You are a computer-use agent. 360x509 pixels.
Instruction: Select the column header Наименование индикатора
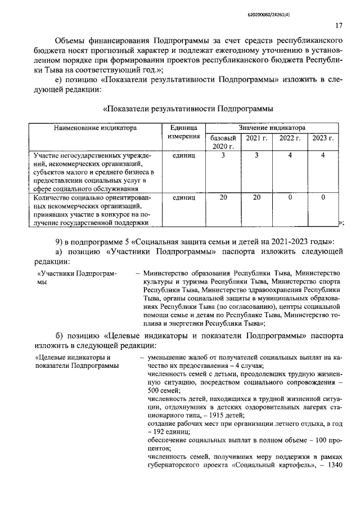coord(95,128)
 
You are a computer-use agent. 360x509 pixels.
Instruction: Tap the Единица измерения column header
coord(183,133)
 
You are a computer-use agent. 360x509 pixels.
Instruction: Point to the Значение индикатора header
coord(272,128)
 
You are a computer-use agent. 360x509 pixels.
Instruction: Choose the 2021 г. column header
coord(255,138)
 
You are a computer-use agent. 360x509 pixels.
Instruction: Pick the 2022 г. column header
coord(290,138)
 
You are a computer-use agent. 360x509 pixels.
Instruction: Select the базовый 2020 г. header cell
coord(223,142)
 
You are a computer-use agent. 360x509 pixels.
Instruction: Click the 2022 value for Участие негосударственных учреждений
coord(290,155)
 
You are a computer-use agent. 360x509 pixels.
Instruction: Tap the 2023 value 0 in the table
coord(323,197)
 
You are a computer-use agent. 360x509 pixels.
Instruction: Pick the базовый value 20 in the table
coord(223,197)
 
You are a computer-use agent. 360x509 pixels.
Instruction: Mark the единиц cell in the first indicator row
coord(183,155)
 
